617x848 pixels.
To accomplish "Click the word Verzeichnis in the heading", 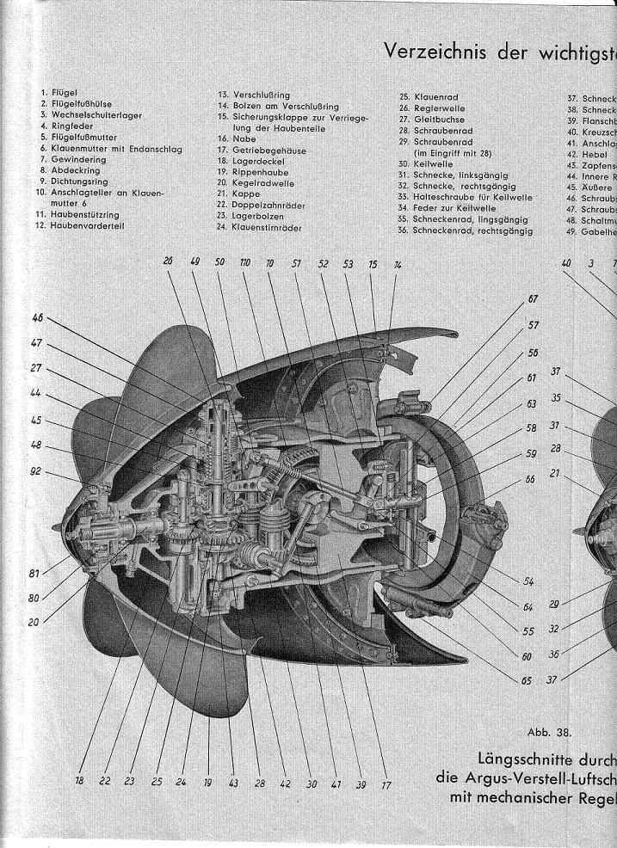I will (435, 52).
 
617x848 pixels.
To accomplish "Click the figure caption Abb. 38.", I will (549, 732).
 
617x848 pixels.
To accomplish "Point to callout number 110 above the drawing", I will (246, 261).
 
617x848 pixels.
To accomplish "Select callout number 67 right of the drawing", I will (533, 299).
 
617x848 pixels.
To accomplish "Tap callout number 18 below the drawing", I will (79, 781).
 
